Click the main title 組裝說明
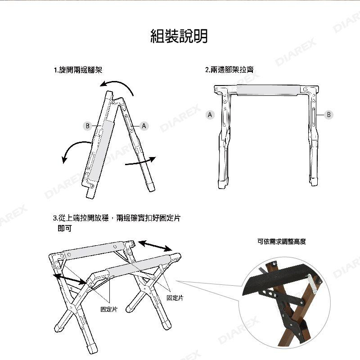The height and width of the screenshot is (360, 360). pos(179,36)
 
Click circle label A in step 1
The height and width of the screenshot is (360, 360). pos(144,126)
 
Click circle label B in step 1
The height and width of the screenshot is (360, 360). pos(88,126)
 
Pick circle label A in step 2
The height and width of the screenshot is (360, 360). pos(209,115)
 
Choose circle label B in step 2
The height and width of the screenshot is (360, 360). pos(329,115)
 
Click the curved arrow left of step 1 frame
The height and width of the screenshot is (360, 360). pos(75,148)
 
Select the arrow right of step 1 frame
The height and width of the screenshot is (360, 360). pos(140,162)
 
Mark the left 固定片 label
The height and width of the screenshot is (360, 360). pos(109,309)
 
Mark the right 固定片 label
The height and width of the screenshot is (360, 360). pos(175,297)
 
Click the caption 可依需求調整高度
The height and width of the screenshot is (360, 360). pos(282,242)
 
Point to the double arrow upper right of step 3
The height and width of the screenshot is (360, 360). pos(155,246)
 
